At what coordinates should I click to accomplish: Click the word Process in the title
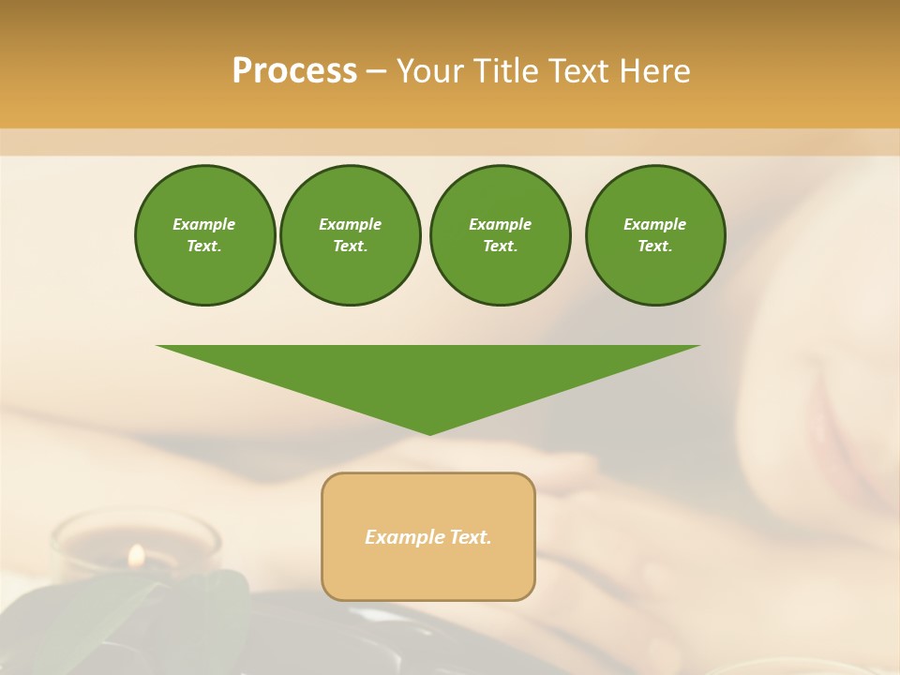294,71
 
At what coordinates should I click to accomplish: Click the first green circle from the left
204,235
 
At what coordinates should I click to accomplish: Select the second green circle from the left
350,235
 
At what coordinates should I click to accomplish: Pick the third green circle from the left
500,235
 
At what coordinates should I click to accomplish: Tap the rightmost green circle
654,235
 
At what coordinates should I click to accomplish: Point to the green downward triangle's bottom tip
429,432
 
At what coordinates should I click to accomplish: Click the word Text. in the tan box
469,537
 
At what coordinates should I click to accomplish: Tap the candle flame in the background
136,555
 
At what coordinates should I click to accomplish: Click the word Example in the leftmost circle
204,224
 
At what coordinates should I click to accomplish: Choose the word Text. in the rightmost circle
654,247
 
